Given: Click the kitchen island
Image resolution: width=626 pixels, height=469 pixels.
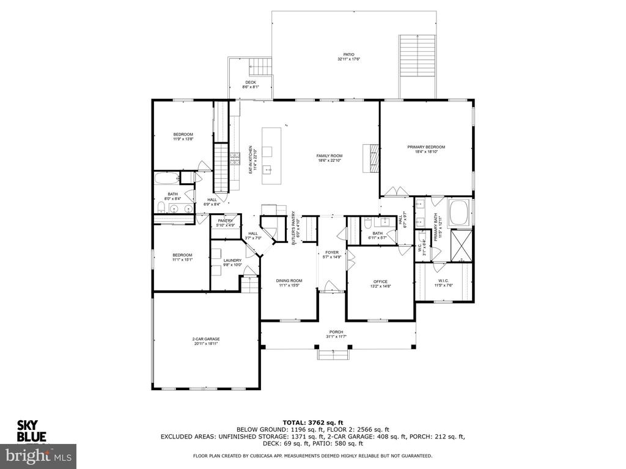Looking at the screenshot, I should coord(271,156).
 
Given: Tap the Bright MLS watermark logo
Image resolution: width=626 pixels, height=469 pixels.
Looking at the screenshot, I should coord(38,456).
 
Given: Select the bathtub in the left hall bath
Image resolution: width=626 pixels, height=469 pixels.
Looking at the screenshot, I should coord(166,179).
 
